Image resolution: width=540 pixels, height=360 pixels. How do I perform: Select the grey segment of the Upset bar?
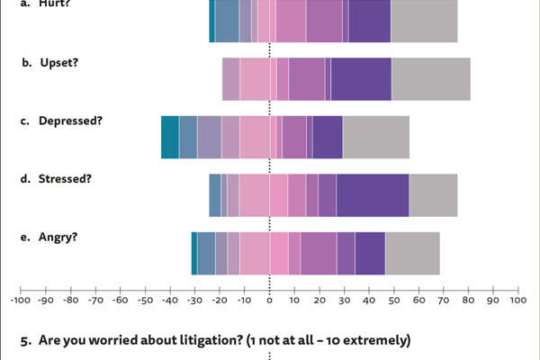click(x=430, y=78)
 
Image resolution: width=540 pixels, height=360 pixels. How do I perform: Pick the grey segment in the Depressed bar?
click(x=376, y=137)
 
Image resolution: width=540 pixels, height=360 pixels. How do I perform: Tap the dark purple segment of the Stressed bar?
click(x=373, y=194)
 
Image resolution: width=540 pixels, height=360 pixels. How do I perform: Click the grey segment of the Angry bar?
click(x=412, y=253)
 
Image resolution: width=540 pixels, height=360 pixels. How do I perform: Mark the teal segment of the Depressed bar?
click(x=169, y=137)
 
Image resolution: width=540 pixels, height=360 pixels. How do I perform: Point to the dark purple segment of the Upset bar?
click(x=361, y=78)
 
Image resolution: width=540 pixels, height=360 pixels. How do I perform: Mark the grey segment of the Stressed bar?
click(x=434, y=194)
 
